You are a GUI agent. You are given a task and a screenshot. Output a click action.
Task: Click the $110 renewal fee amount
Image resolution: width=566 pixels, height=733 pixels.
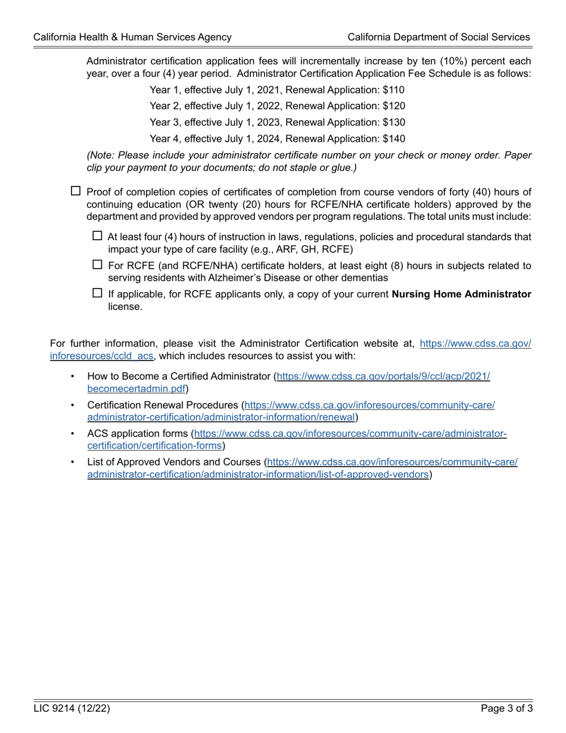pos(394,90)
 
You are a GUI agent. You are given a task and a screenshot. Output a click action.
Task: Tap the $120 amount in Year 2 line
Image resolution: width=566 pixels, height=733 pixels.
pos(394,106)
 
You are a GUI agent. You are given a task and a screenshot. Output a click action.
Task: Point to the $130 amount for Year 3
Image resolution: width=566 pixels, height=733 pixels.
pos(394,122)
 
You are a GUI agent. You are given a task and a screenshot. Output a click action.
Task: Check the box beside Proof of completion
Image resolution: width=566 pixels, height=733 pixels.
pos(76,191)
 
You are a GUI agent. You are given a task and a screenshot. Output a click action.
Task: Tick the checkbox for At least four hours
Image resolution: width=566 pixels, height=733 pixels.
pos(98,236)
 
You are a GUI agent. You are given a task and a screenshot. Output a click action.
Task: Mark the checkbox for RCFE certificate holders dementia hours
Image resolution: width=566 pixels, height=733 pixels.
pos(98,265)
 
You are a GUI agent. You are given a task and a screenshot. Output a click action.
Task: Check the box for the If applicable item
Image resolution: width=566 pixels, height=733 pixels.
pos(98,293)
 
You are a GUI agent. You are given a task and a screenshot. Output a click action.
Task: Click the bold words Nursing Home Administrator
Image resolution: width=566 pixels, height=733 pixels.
pos(461,294)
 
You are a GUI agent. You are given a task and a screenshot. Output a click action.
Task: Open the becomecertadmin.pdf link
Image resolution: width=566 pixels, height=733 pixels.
pos(136,389)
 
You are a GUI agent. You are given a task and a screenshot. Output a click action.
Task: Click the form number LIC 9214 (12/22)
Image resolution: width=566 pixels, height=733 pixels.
pos(71,709)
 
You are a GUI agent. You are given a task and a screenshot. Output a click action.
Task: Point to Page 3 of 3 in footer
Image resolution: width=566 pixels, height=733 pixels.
pos(506,709)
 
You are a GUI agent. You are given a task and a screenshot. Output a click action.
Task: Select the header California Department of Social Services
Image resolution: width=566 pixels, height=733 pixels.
pos(439,37)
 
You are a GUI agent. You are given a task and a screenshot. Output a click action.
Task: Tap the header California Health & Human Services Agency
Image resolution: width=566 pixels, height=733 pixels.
pos(132,37)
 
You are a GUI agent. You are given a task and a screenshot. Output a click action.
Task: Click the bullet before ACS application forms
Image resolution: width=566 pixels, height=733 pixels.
pos(73,434)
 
